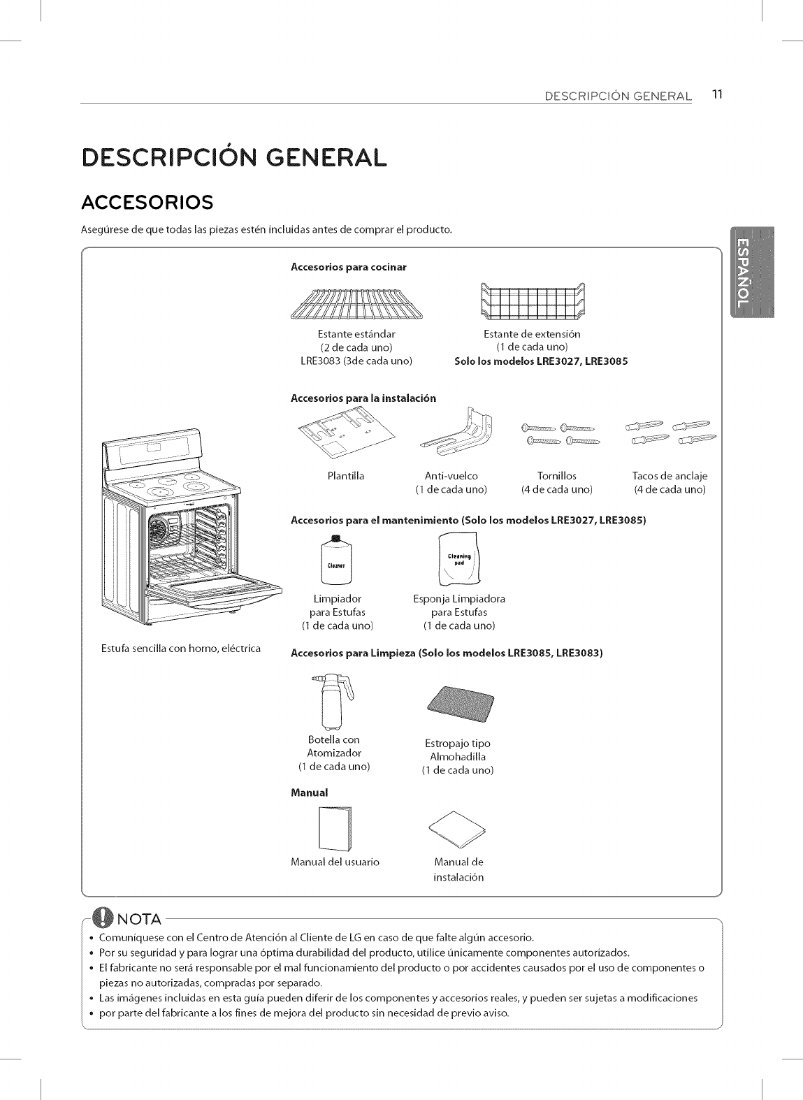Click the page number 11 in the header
coord(716,94)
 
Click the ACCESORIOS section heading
coord(147,202)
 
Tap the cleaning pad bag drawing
coord(459,560)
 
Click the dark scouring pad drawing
coord(459,707)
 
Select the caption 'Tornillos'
coord(556,476)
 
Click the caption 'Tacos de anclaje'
coord(670,476)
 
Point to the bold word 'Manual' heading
coord(308,793)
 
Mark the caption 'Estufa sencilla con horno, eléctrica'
coord(181,648)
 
